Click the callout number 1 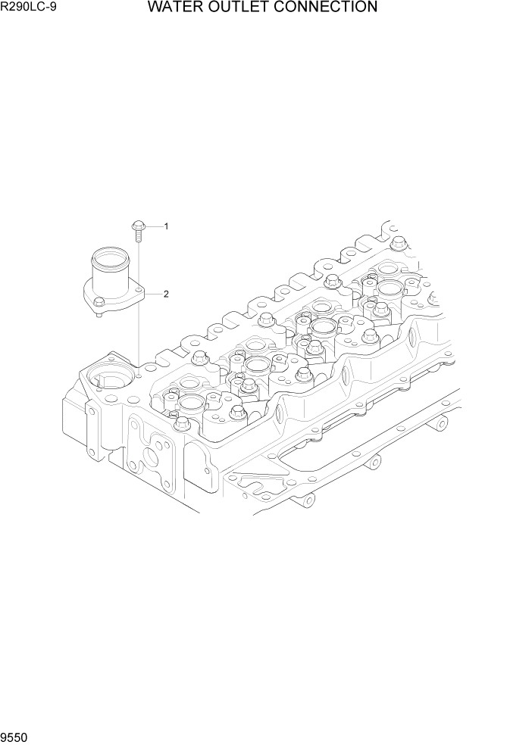[166, 226]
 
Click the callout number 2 [166, 294]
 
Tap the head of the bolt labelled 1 [138, 225]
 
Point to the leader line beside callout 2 [153, 294]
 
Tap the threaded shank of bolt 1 [139, 235]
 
